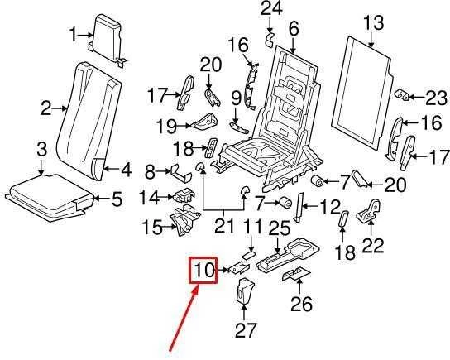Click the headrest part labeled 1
(106, 39)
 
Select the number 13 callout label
(374, 22)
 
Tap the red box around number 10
(203, 270)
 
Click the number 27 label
(245, 330)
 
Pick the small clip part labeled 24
(269, 40)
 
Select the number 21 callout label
(224, 225)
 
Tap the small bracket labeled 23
(403, 94)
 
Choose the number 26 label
(301, 304)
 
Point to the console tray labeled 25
(288, 255)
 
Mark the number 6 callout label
(294, 29)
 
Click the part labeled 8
(181, 173)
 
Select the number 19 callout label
(166, 126)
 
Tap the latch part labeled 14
(184, 195)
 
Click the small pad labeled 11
(247, 255)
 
